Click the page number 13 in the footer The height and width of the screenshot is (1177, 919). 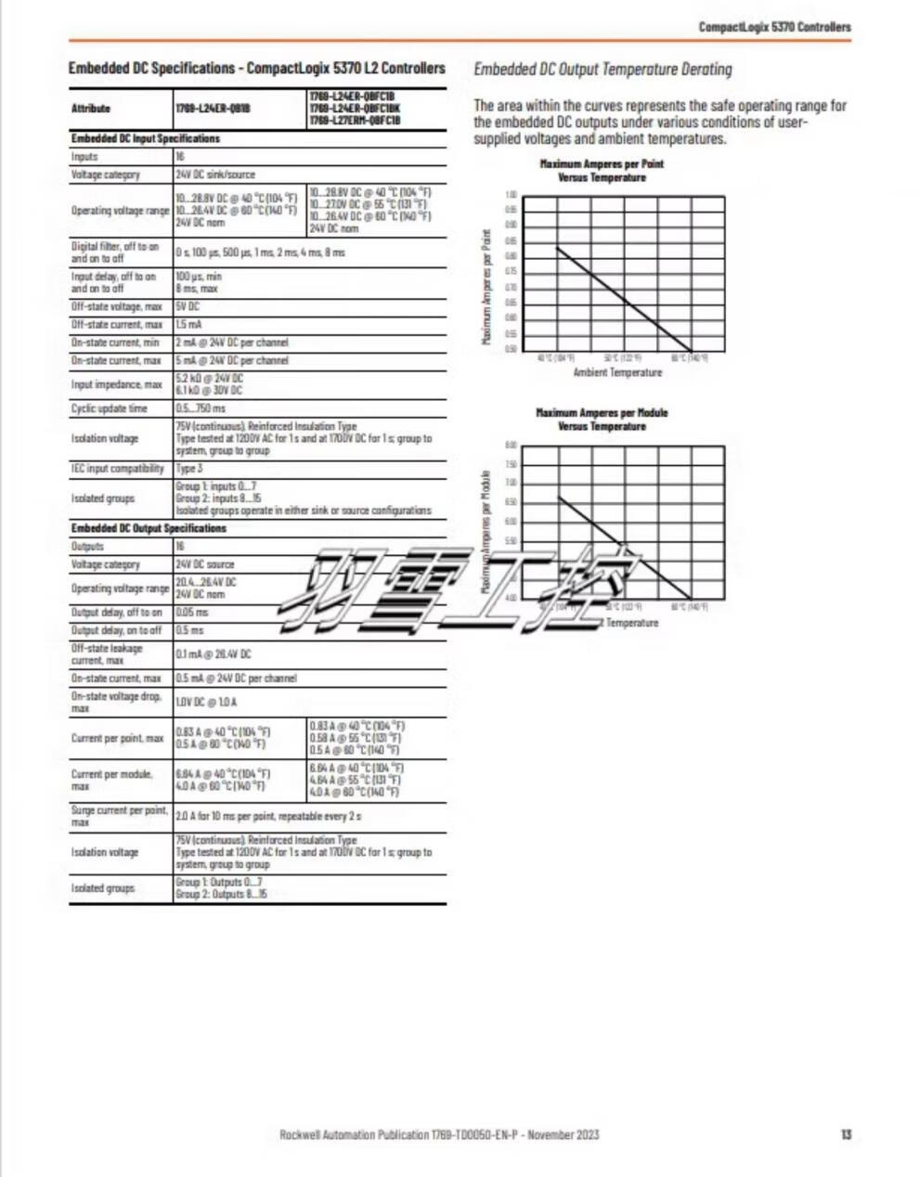tap(846, 1134)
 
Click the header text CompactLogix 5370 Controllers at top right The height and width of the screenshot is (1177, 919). tap(774, 27)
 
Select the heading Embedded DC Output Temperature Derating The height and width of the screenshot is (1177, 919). tap(602, 69)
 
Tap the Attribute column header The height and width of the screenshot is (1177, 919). tap(91, 109)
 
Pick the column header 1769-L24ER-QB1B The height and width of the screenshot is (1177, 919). tap(213, 109)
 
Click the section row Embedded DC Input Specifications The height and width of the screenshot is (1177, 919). tap(146, 138)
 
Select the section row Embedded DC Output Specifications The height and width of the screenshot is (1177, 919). tap(149, 528)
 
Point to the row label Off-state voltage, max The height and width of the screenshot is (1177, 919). tap(117, 306)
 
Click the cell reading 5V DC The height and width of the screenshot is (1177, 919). tap(188, 306)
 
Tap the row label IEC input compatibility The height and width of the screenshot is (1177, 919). tap(118, 469)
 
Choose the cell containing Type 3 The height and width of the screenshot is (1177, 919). tap(189, 469)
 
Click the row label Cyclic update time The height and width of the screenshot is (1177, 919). tap(110, 408)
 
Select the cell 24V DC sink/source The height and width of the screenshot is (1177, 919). tap(215, 175)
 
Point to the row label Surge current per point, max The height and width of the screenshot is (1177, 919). tap(119, 816)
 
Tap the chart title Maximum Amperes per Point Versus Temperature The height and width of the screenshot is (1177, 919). tap(602, 171)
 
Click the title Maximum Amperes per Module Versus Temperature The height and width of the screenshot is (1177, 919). tap(602, 420)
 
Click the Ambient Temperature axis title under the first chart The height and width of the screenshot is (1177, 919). tap(617, 373)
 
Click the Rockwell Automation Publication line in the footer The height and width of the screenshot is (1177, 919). tap(439, 1134)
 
